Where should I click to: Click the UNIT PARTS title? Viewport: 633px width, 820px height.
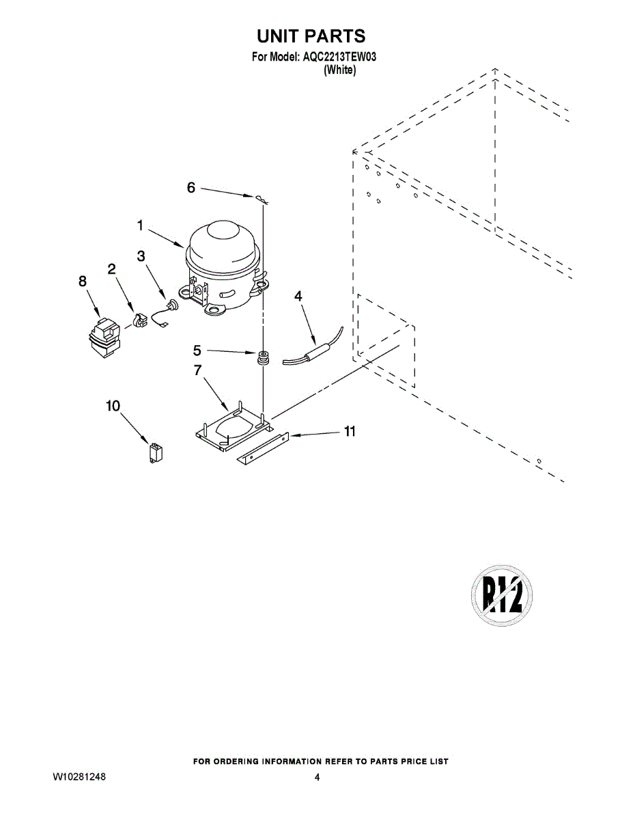[311, 36]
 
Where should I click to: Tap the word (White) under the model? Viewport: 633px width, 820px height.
[339, 70]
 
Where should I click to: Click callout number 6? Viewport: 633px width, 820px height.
[191, 187]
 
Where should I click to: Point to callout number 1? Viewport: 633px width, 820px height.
[139, 224]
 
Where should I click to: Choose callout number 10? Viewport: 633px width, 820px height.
[113, 406]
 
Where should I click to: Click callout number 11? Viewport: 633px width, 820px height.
[350, 431]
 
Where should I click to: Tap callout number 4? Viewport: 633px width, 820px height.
[298, 296]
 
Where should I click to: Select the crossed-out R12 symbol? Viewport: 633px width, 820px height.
[502, 596]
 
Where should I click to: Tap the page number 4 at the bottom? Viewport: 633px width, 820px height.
[317, 778]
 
